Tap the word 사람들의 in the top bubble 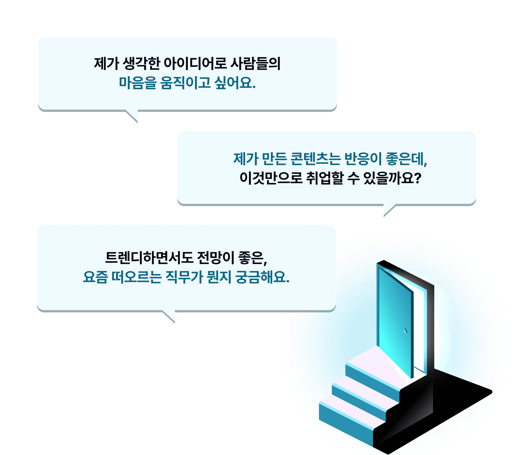click(x=255, y=64)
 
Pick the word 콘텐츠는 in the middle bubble click(x=315, y=159)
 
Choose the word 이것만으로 click(x=271, y=178)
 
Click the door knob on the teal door click(x=405, y=331)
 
